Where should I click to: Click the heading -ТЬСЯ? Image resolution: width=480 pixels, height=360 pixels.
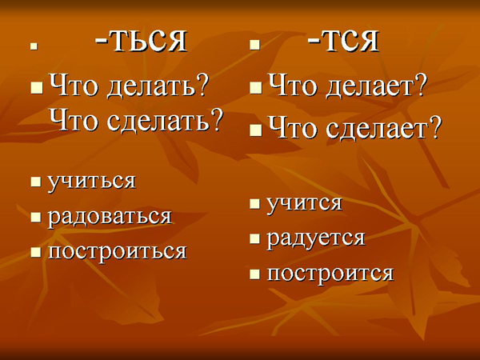[x=141, y=41]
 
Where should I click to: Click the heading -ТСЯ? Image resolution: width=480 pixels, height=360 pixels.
[x=343, y=41]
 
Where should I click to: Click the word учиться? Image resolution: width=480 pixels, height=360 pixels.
[x=92, y=182]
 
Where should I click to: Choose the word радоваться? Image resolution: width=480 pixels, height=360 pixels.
[x=110, y=217]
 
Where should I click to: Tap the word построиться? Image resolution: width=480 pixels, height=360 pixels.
[x=118, y=252]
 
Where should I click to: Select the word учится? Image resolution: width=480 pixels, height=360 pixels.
[x=304, y=203]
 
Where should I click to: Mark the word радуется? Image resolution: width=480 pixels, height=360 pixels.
[x=316, y=238]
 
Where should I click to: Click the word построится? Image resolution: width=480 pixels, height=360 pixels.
[x=330, y=273]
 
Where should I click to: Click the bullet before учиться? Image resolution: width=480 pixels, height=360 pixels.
[x=36, y=182]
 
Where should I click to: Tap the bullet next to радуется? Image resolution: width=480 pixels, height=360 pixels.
[x=254, y=238]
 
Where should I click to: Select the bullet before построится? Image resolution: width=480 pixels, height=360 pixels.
[x=254, y=274]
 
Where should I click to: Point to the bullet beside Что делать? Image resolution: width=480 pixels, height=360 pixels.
[x=37, y=88]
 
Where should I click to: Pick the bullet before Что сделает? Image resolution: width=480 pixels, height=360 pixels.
[x=256, y=130]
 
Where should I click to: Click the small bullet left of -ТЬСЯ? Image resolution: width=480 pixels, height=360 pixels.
[x=34, y=47]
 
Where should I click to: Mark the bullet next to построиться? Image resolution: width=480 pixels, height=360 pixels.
[x=36, y=252]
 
